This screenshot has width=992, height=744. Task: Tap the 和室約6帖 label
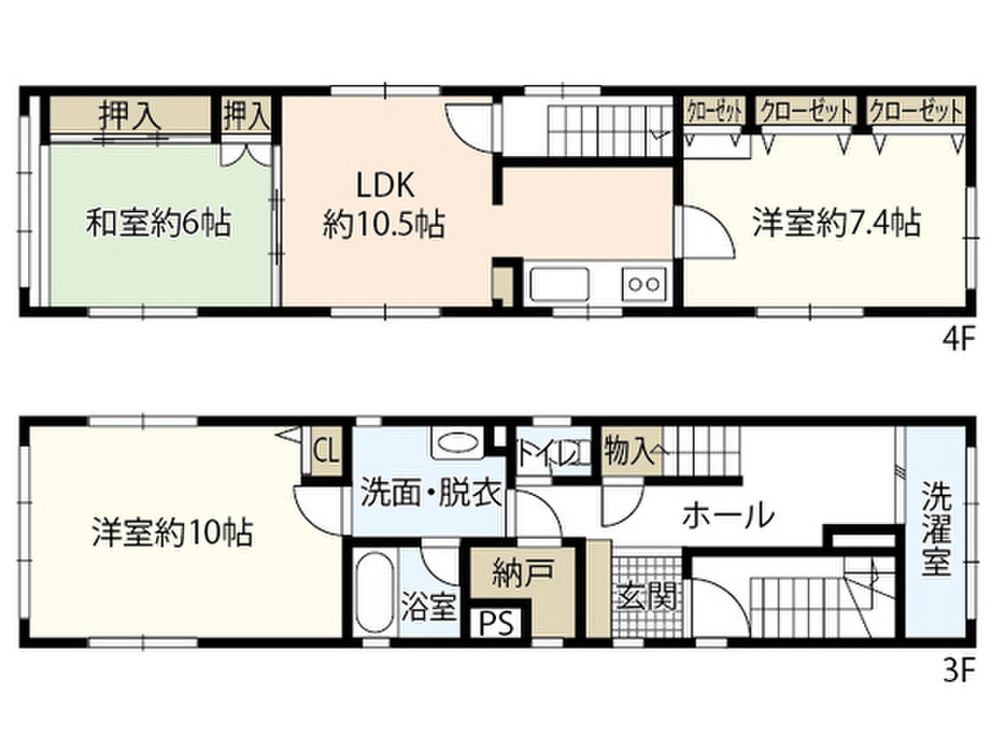(159, 226)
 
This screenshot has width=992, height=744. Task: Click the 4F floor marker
(959, 341)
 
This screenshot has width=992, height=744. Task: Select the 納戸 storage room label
(522, 571)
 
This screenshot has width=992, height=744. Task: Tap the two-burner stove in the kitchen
(643, 284)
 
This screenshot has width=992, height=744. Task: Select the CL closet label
(325, 450)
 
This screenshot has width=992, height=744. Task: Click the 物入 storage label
(628, 450)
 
